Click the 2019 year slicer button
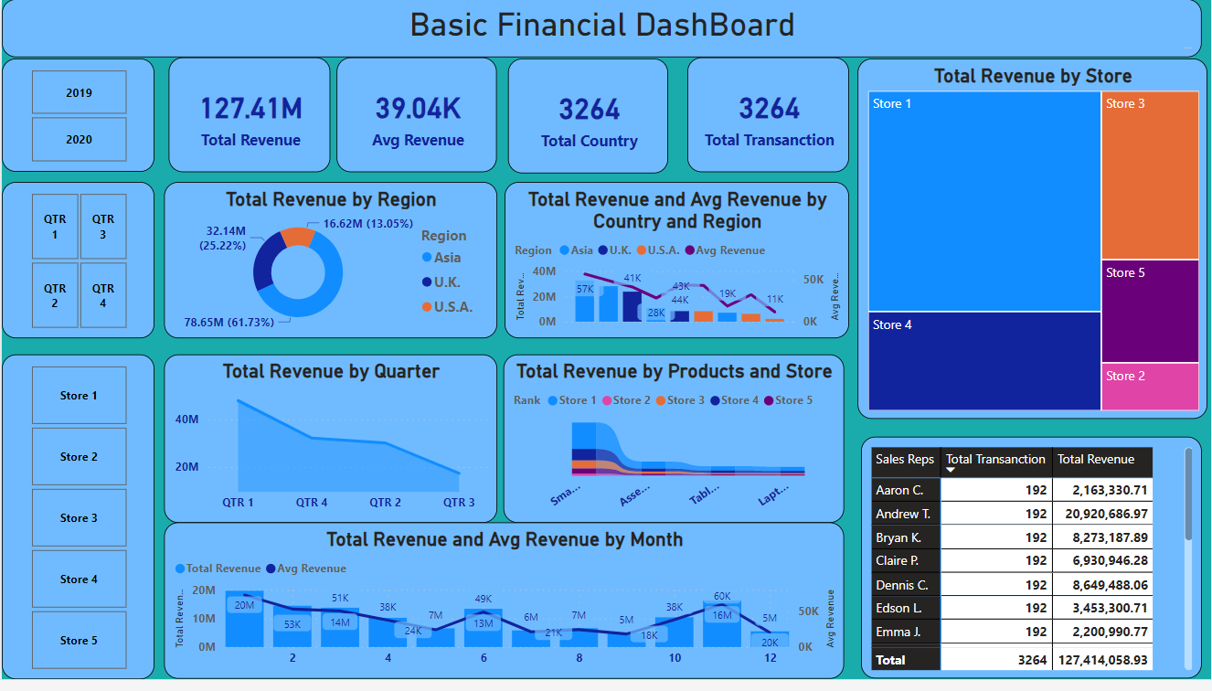[79, 92]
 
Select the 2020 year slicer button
[79, 139]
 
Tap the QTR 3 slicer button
[103, 227]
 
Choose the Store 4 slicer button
[79, 579]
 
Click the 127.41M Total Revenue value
[250, 110]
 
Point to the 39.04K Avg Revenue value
[418, 110]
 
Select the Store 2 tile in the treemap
[1150, 387]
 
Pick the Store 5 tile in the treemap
[1150, 312]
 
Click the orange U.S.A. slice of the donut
[298, 236]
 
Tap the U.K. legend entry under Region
[447, 282]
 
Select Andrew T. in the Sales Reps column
[903, 514]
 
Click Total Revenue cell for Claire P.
[1103, 560]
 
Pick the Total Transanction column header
[995, 460]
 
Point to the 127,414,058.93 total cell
[1103, 660]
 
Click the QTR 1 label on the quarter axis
[238, 503]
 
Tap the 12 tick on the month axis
[770, 658]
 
